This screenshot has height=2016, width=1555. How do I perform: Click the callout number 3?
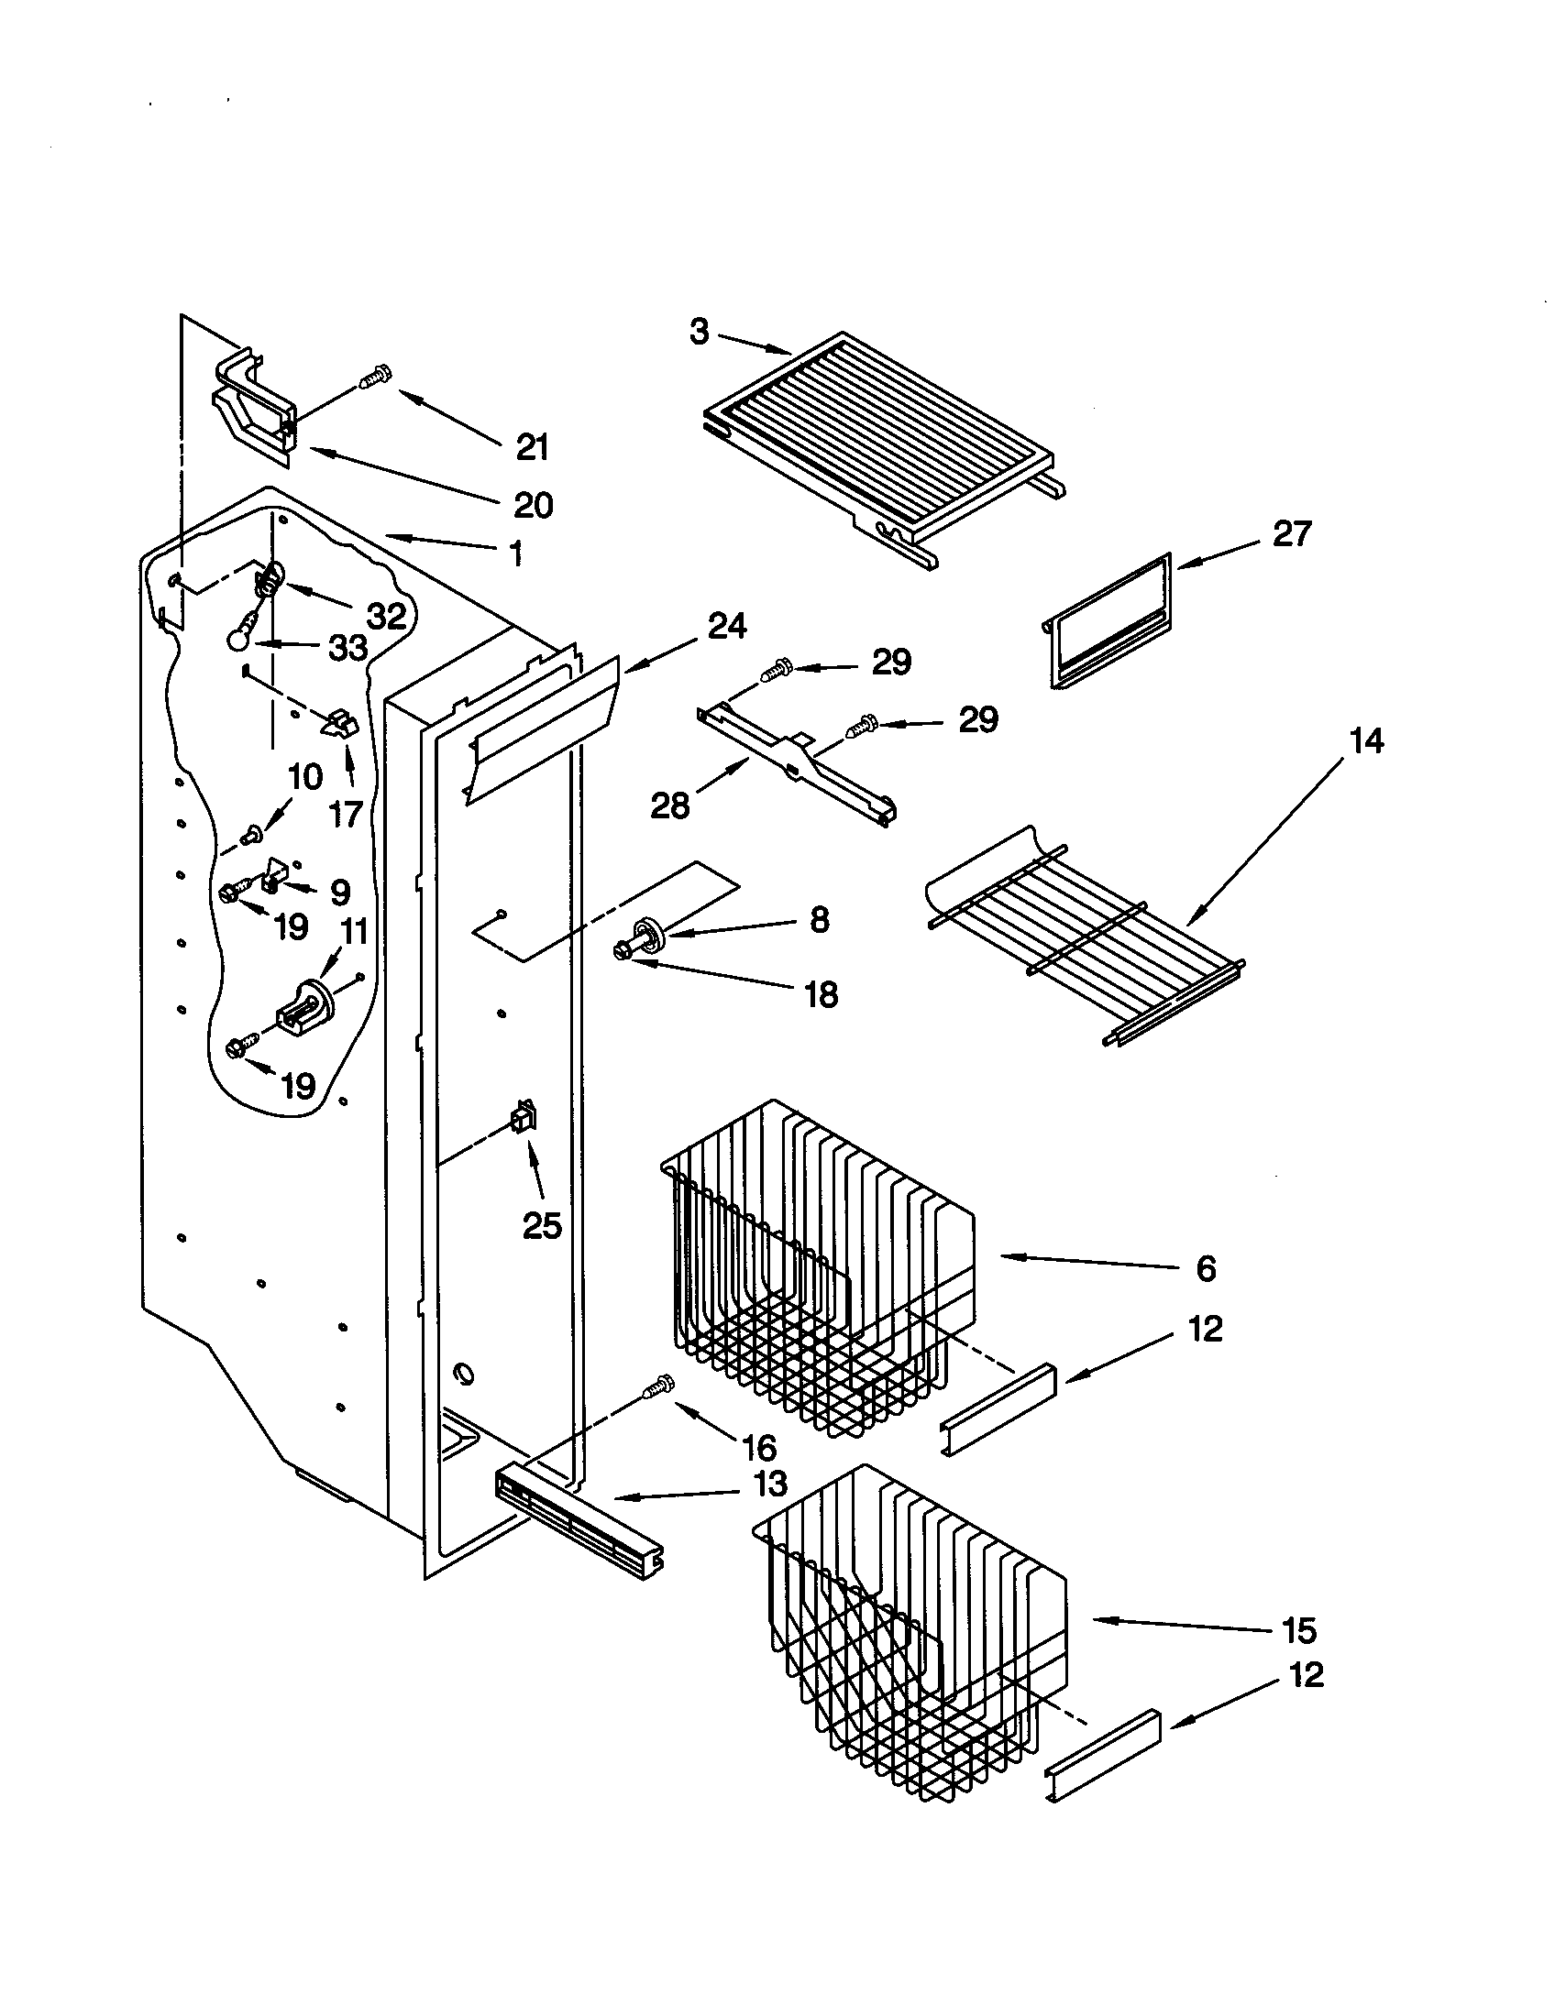click(699, 332)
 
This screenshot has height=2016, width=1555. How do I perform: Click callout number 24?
click(727, 627)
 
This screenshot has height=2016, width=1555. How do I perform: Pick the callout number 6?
click(1206, 1268)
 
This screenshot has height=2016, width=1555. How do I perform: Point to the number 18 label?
click(820, 994)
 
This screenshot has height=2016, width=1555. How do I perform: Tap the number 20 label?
click(533, 505)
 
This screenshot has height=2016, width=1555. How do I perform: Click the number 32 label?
click(386, 616)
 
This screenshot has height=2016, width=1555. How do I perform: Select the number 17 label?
click(345, 813)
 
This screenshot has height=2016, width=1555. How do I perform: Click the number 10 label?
click(304, 777)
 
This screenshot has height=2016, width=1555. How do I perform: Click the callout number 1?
click(516, 553)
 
